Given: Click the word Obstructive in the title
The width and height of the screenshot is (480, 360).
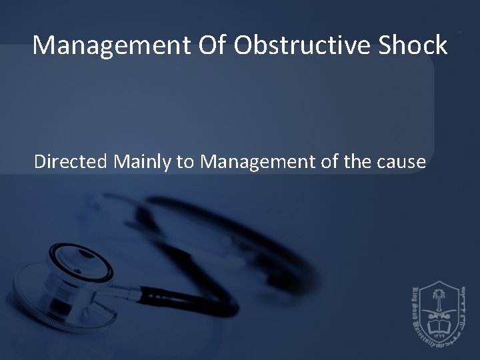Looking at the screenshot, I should click(x=283, y=45).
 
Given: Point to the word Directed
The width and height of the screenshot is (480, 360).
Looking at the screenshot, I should click(x=69, y=161).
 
